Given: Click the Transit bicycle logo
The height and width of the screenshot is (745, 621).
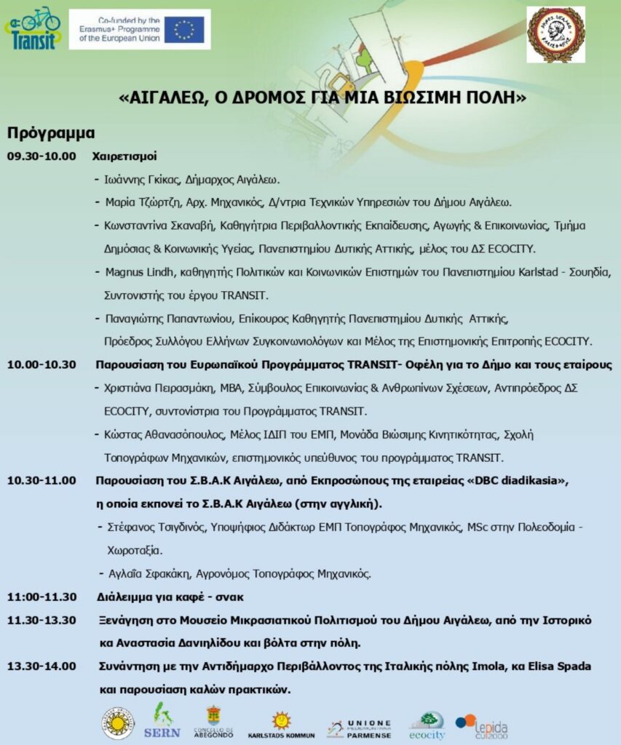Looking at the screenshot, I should [33, 28].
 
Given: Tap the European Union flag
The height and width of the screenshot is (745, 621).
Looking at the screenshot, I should [184, 30].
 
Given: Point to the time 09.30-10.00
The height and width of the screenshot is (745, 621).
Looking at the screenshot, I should [41, 156].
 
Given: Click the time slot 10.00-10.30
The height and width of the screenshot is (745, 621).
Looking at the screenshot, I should [41, 364].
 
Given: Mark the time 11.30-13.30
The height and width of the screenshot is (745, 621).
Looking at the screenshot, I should [41, 620].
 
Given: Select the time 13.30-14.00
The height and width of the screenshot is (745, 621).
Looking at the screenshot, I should [41, 666].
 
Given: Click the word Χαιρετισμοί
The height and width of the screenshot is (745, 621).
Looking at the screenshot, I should [124, 156].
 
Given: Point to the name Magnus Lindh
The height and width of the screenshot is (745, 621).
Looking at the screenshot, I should [135, 272].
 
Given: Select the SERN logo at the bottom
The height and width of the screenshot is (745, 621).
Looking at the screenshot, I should [162, 722].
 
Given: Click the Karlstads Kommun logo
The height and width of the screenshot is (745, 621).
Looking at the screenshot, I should [281, 725].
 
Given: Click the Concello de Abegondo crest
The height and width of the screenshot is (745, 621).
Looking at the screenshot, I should [213, 723].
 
